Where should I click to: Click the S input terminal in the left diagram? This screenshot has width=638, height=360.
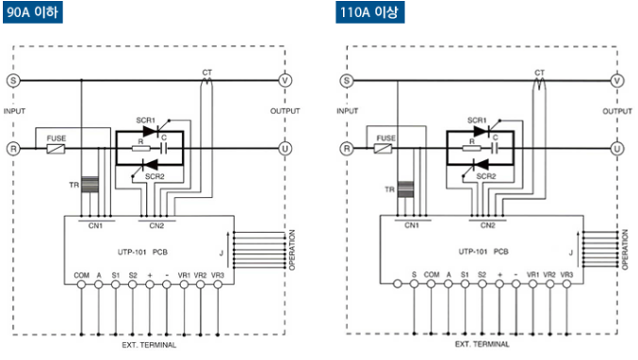pyautogui.click(x=13, y=80)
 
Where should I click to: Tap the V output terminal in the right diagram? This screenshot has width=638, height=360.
pyautogui.click(x=617, y=80)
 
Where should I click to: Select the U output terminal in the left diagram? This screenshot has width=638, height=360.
pyautogui.click(x=285, y=149)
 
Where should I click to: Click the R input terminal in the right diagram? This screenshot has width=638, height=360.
pyautogui.click(x=347, y=149)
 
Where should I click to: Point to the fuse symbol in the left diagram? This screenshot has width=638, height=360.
pyautogui.click(x=56, y=149)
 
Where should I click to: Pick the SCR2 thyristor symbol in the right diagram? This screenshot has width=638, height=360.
pyautogui.click(x=482, y=164)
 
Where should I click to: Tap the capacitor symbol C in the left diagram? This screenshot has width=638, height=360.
pyautogui.click(x=164, y=149)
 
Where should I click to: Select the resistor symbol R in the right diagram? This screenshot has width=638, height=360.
pyautogui.click(x=471, y=149)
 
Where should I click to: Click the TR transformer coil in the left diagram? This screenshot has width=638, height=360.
pyautogui.click(x=90, y=185)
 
